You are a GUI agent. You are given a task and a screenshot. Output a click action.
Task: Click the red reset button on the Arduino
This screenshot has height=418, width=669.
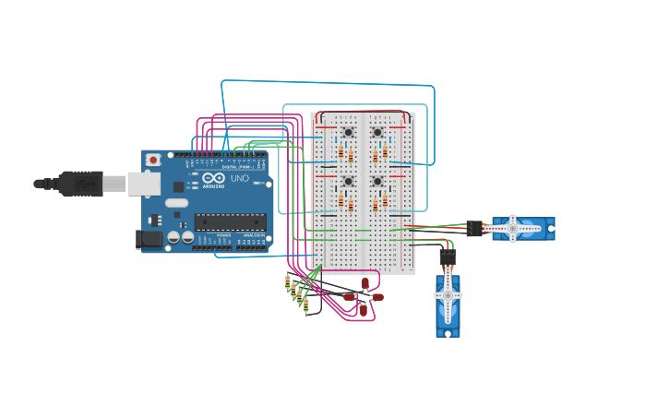point(153,160)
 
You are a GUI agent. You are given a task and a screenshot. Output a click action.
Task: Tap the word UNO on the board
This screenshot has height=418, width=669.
point(240,178)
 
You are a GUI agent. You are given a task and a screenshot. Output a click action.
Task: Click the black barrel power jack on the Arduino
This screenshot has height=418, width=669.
point(149,239)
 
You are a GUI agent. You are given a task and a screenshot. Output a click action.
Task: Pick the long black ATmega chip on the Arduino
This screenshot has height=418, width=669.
point(230,221)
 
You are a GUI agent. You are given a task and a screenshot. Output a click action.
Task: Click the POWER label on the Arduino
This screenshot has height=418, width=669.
point(223,236)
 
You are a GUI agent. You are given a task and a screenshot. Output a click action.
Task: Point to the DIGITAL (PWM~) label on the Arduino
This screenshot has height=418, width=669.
point(232,166)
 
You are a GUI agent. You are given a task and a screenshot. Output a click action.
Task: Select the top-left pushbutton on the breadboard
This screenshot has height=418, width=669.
point(348,133)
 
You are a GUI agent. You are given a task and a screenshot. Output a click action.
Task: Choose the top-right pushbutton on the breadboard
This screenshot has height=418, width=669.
point(377,133)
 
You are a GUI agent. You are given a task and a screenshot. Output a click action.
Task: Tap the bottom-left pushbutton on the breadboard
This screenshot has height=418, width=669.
point(348,181)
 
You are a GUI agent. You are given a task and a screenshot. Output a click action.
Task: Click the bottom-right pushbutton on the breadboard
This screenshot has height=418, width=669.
point(377,181)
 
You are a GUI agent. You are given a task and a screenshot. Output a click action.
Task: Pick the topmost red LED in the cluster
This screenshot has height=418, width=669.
point(365,283)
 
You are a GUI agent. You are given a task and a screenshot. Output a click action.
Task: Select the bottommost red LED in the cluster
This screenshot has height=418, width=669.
point(363,310)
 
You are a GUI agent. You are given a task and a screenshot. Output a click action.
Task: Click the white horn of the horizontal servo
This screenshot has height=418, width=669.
point(513,228)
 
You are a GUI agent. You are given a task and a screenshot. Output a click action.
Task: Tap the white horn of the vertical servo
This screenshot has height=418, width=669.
point(448,295)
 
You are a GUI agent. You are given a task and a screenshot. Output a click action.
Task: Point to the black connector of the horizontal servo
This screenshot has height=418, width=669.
point(474,228)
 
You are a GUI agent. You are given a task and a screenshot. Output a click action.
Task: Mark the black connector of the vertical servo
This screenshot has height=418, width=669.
point(448,257)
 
